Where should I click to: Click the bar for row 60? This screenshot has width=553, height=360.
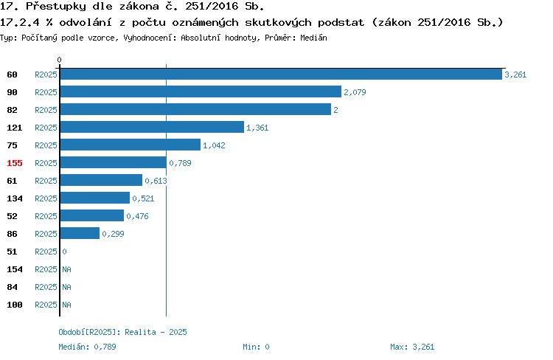point(281,74)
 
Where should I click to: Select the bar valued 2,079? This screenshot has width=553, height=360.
point(201,91)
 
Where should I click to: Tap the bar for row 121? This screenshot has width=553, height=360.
point(152,127)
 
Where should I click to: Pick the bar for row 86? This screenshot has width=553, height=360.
point(80,233)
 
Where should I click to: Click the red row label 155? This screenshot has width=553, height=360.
point(15,163)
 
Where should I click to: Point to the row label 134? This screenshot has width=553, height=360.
point(15,198)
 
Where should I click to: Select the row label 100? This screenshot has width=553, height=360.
point(15,305)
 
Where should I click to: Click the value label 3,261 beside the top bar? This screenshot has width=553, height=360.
point(515,75)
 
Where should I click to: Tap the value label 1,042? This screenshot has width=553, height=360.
point(214,145)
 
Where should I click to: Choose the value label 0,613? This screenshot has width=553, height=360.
point(156,181)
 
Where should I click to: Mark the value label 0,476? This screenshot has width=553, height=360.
point(137,216)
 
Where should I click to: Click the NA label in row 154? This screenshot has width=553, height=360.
point(66,269)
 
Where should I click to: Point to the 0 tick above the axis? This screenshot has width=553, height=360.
point(59,60)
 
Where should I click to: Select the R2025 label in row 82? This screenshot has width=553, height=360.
point(46,110)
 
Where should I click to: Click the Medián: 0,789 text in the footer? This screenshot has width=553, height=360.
point(87,347)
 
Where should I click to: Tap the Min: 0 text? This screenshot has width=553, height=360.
point(256,347)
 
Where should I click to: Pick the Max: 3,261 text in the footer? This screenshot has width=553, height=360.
point(412,347)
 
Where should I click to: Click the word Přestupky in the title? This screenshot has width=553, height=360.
point(56,7)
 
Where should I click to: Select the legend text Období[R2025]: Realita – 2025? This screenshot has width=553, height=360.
point(122,332)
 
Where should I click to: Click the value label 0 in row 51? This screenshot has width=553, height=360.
point(65,252)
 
